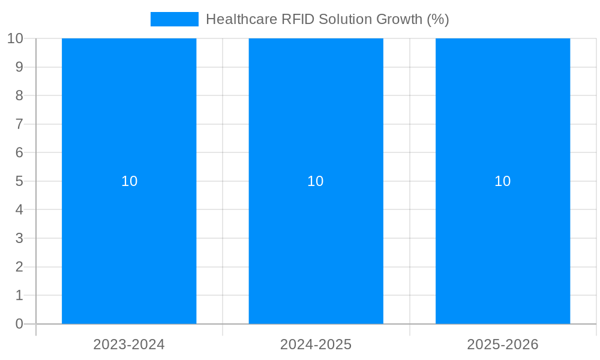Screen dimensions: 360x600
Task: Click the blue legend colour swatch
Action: (x=174, y=19)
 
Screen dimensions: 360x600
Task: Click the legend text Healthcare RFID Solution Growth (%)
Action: (x=327, y=19)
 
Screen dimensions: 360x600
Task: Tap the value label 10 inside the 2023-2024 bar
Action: (x=129, y=181)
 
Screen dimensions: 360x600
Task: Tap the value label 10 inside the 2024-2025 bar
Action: (x=316, y=181)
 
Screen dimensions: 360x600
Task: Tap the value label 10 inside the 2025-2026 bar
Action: (x=503, y=181)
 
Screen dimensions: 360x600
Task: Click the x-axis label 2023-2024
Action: (x=129, y=344)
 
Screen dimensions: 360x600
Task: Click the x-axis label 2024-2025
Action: (x=316, y=344)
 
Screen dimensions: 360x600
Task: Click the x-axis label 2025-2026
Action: (x=503, y=344)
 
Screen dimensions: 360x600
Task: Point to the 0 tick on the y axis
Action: (x=19, y=324)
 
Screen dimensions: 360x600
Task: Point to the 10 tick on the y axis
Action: (x=15, y=38)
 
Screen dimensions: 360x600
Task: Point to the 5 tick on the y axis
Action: (x=19, y=181)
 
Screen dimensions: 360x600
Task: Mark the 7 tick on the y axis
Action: (x=19, y=124)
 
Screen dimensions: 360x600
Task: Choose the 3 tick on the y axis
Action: (x=19, y=238)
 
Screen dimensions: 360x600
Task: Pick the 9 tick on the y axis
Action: (x=19, y=67)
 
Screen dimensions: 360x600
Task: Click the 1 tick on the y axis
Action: (x=19, y=295)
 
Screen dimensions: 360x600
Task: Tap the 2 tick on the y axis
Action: (x=19, y=267)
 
